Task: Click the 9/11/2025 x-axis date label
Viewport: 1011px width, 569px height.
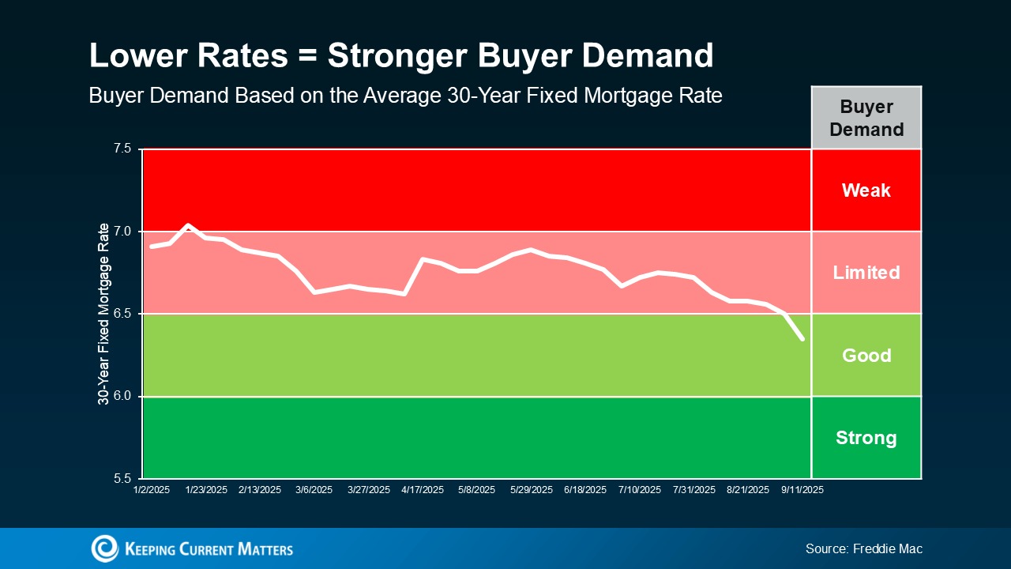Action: [802, 490]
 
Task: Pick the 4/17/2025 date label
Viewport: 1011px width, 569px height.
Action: [423, 490]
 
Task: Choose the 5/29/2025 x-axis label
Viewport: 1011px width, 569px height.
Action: [531, 490]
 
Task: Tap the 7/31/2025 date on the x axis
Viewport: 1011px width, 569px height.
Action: [694, 490]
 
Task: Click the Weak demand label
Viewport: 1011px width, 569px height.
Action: [866, 190]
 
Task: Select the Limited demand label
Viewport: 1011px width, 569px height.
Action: [866, 273]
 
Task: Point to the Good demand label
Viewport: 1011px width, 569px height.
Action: [866, 356]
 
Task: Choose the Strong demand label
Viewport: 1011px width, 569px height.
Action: [866, 438]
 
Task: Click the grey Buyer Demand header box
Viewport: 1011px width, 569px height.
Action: [866, 118]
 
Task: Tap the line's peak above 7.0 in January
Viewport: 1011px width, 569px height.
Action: [188, 225]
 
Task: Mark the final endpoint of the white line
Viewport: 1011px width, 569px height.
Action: [802, 339]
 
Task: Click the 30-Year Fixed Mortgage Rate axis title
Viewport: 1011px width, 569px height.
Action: [103, 314]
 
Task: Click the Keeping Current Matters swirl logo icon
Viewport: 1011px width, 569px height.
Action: [104, 548]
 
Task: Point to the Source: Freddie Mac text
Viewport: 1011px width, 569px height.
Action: [863, 548]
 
